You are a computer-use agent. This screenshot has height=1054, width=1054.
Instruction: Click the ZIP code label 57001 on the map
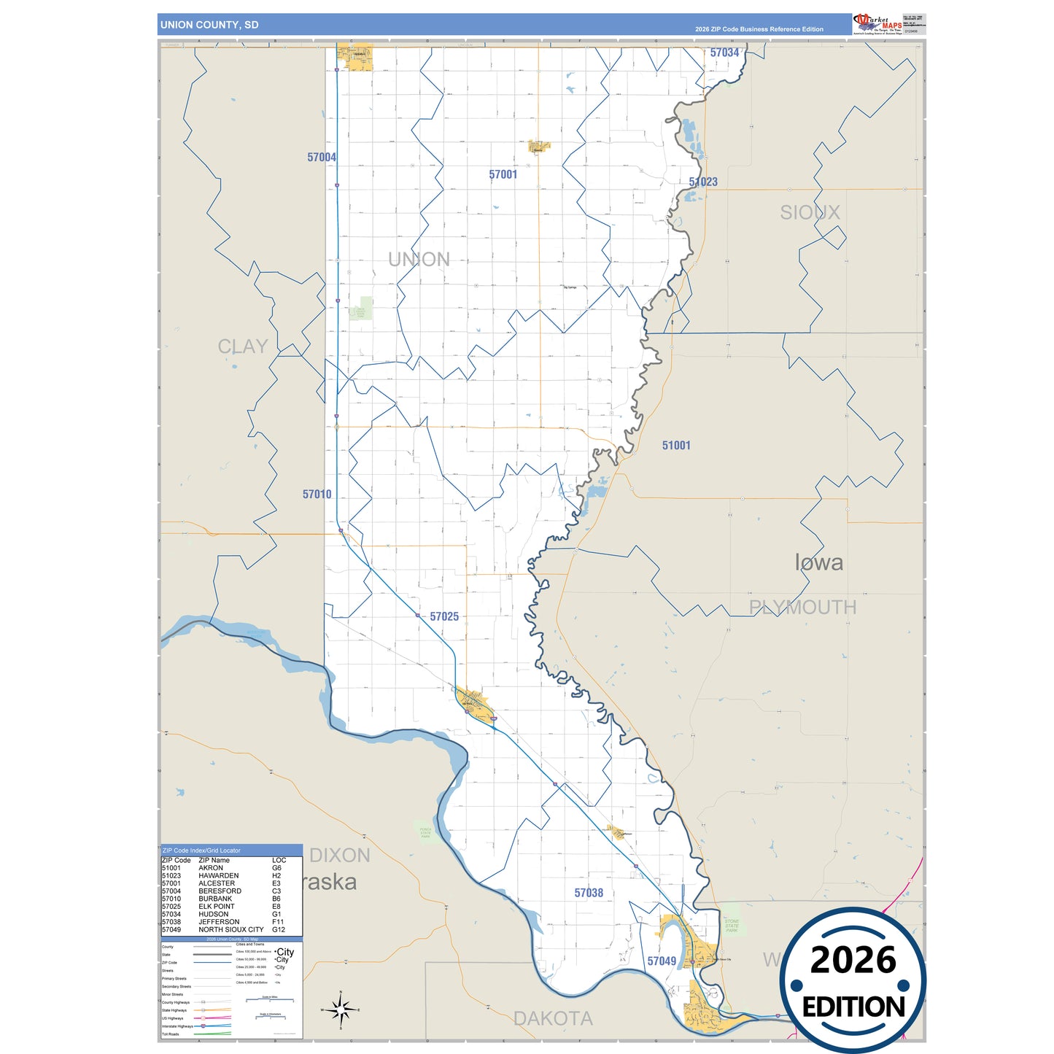click(503, 175)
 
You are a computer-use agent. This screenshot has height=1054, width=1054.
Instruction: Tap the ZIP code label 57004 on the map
click(322, 158)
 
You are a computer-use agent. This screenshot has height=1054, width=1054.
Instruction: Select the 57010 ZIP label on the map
click(317, 495)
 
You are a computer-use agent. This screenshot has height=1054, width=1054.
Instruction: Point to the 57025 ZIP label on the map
click(444, 617)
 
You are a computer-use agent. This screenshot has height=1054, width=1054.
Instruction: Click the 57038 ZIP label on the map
click(589, 894)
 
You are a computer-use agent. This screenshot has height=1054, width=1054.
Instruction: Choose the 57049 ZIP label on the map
click(662, 961)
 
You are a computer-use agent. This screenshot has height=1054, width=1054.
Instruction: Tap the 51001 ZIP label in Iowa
click(676, 446)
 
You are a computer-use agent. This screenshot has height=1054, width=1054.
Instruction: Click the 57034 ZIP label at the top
click(724, 53)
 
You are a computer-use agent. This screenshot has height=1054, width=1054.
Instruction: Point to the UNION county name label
click(419, 260)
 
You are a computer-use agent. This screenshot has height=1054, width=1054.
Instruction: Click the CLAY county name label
click(243, 346)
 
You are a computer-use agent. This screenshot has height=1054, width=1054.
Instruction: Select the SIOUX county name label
click(810, 213)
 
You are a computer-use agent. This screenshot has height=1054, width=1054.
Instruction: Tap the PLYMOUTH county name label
click(802, 608)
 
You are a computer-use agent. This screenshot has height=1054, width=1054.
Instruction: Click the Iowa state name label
click(818, 562)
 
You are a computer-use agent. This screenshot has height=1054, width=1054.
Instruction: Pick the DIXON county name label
click(340, 856)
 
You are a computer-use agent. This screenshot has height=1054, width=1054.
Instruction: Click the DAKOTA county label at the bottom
click(553, 1019)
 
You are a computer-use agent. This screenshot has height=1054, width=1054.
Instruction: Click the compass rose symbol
click(340, 1010)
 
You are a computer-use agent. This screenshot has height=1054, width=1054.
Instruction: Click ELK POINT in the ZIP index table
click(217, 907)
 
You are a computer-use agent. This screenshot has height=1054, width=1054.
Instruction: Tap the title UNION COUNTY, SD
click(209, 25)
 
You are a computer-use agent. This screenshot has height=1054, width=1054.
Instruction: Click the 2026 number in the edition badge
click(853, 961)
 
